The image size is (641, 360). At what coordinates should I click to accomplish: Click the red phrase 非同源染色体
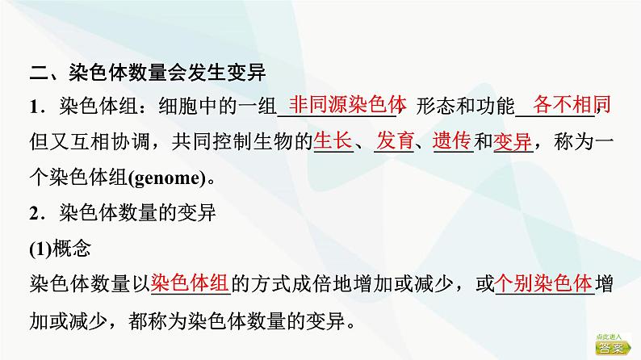point(347,104)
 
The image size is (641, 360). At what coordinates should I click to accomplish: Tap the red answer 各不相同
point(572,104)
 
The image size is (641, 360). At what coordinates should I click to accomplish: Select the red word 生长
point(333,140)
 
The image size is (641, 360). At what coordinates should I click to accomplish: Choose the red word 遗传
point(453,140)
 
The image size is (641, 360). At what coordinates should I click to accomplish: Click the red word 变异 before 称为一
point(513,141)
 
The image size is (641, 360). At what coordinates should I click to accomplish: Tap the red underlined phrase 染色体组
point(190,283)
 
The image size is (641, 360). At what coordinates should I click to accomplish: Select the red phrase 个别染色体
point(543,283)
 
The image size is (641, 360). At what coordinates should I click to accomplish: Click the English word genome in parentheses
point(167,178)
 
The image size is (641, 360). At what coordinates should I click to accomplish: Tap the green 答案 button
point(613,344)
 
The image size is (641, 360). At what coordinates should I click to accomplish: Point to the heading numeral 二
point(40,73)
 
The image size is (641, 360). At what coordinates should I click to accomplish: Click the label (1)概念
point(60,248)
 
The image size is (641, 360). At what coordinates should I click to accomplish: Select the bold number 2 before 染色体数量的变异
point(35,213)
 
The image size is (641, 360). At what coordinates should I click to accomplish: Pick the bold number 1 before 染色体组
point(34,107)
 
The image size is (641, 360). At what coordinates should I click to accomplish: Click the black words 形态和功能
point(465,107)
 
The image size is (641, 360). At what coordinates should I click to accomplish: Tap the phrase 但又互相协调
point(88,141)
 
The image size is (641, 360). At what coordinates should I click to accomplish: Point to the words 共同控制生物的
point(242,141)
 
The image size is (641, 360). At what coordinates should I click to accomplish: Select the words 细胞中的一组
point(218,107)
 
